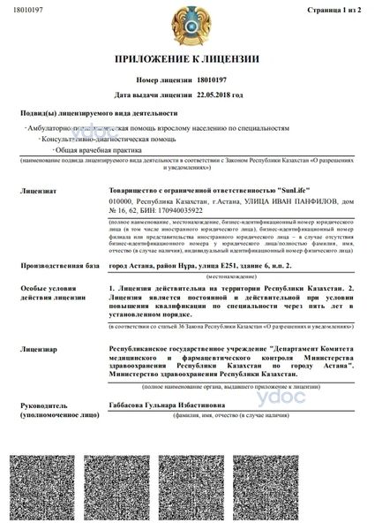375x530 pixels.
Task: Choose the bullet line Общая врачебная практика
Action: click(96, 150)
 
